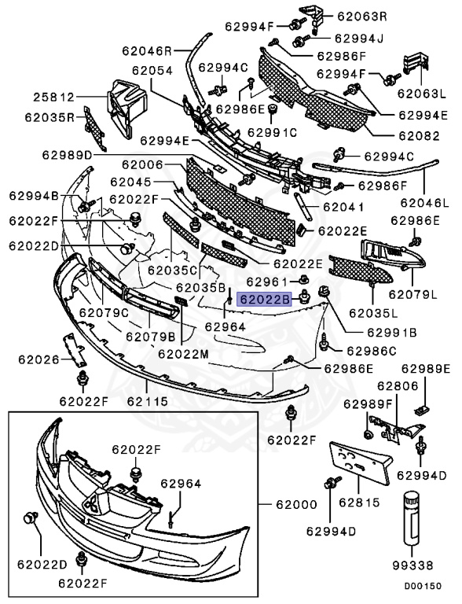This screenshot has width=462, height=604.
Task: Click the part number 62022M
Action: (183, 354)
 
